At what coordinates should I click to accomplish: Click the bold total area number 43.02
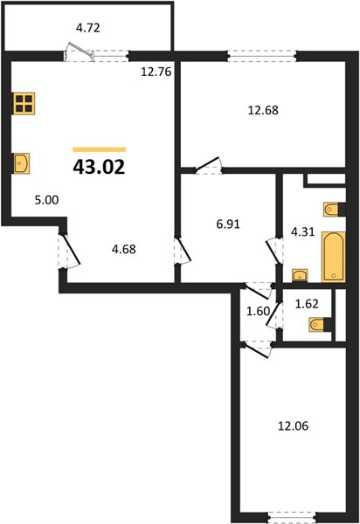[99, 167]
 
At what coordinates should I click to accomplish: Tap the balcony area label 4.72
[88, 28]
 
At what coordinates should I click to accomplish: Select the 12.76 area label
[156, 72]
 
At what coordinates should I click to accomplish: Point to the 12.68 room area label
[263, 110]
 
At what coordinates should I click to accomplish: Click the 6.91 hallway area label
[228, 224]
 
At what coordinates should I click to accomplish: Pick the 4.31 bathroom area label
[302, 231]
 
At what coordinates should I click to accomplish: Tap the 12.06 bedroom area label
[293, 426]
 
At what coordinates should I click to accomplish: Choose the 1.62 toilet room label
[307, 304]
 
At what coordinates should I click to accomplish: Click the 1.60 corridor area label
[258, 311]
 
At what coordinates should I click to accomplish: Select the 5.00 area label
[47, 200]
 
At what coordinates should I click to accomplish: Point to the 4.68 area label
[124, 249]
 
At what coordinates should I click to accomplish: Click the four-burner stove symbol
[24, 103]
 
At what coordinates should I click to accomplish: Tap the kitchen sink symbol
[21, 163]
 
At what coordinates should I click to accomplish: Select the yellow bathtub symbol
[333, 256]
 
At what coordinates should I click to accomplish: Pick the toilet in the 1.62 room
[321, 324]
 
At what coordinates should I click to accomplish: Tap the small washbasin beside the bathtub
[300, 275]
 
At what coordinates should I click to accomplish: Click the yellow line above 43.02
[100, 149]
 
